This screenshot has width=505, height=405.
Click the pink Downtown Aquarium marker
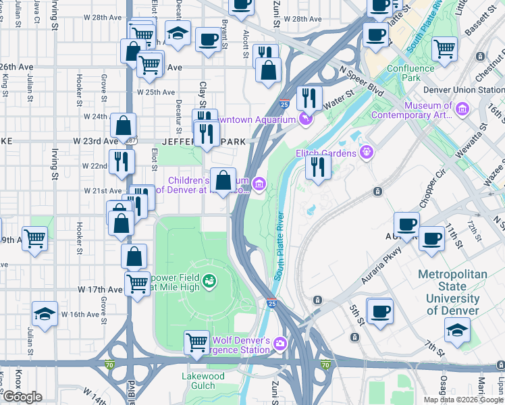click(x=306, y=119)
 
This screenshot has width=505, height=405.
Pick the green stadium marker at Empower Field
click(x=209, y=279)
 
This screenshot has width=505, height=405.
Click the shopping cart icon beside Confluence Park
click(x=445, y=49)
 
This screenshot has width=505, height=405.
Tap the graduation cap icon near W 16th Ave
click(x=45, y=315)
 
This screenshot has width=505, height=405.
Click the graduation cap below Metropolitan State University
click(x=457, y=331)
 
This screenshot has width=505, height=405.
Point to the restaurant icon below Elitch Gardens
click(x=317, y=166)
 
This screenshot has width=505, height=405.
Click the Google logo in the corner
click(x=22, y=397)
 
